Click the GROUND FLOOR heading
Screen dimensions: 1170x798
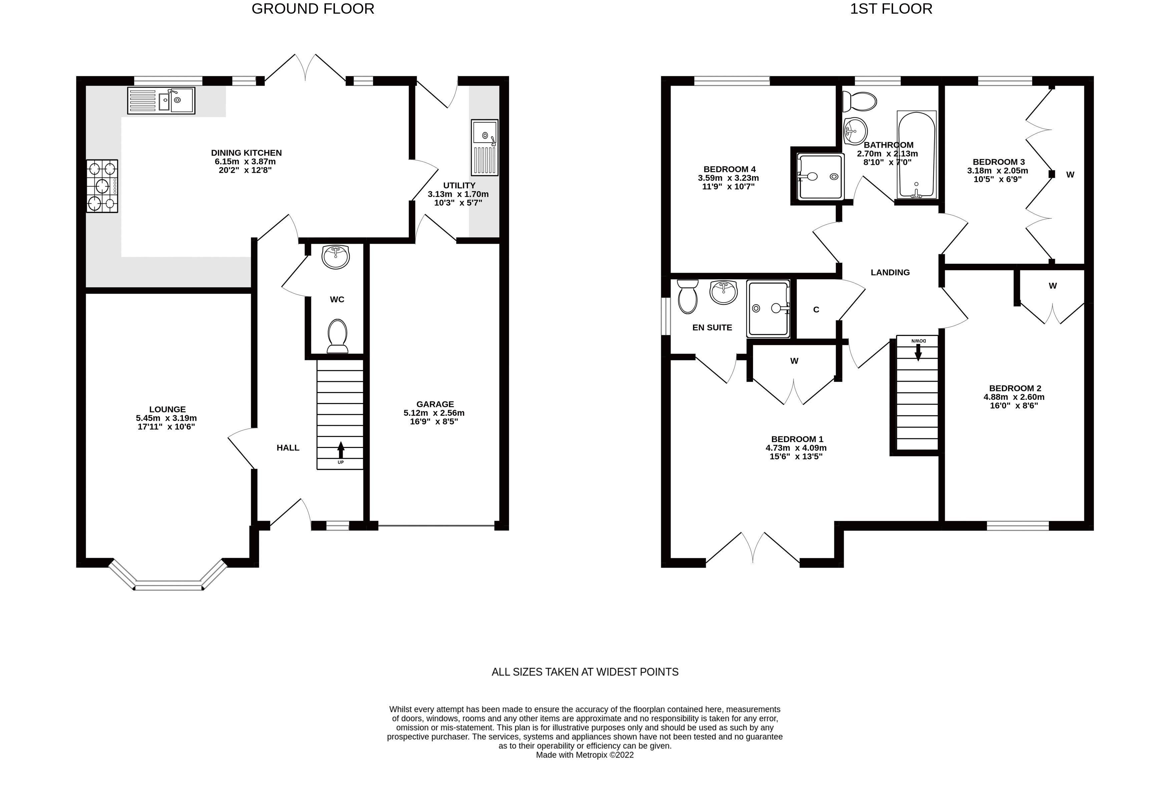(x=313, y=9)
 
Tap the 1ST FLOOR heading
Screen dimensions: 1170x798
(x=890, y=9)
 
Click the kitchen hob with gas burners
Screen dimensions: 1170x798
(x=102, y=186)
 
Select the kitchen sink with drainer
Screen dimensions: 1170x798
(x=161, y=101)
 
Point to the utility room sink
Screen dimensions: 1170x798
(x=484, y=147)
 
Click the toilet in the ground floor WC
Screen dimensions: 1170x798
(x=337, y=336)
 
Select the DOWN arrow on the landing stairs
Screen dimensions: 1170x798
(x=918, y=351)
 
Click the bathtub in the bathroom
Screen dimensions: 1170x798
(x=916, y=154)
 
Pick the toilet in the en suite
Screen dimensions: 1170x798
(x=687, y=297)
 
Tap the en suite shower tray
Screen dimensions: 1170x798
(x=768, y=308)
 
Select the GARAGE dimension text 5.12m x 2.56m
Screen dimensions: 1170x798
(x=434, y=413)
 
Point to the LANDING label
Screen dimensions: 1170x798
(x=890, y=273)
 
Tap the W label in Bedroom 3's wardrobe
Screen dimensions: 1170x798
(x=1070, y=175)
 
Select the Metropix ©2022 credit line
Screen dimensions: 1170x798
(x=584, y=755)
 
